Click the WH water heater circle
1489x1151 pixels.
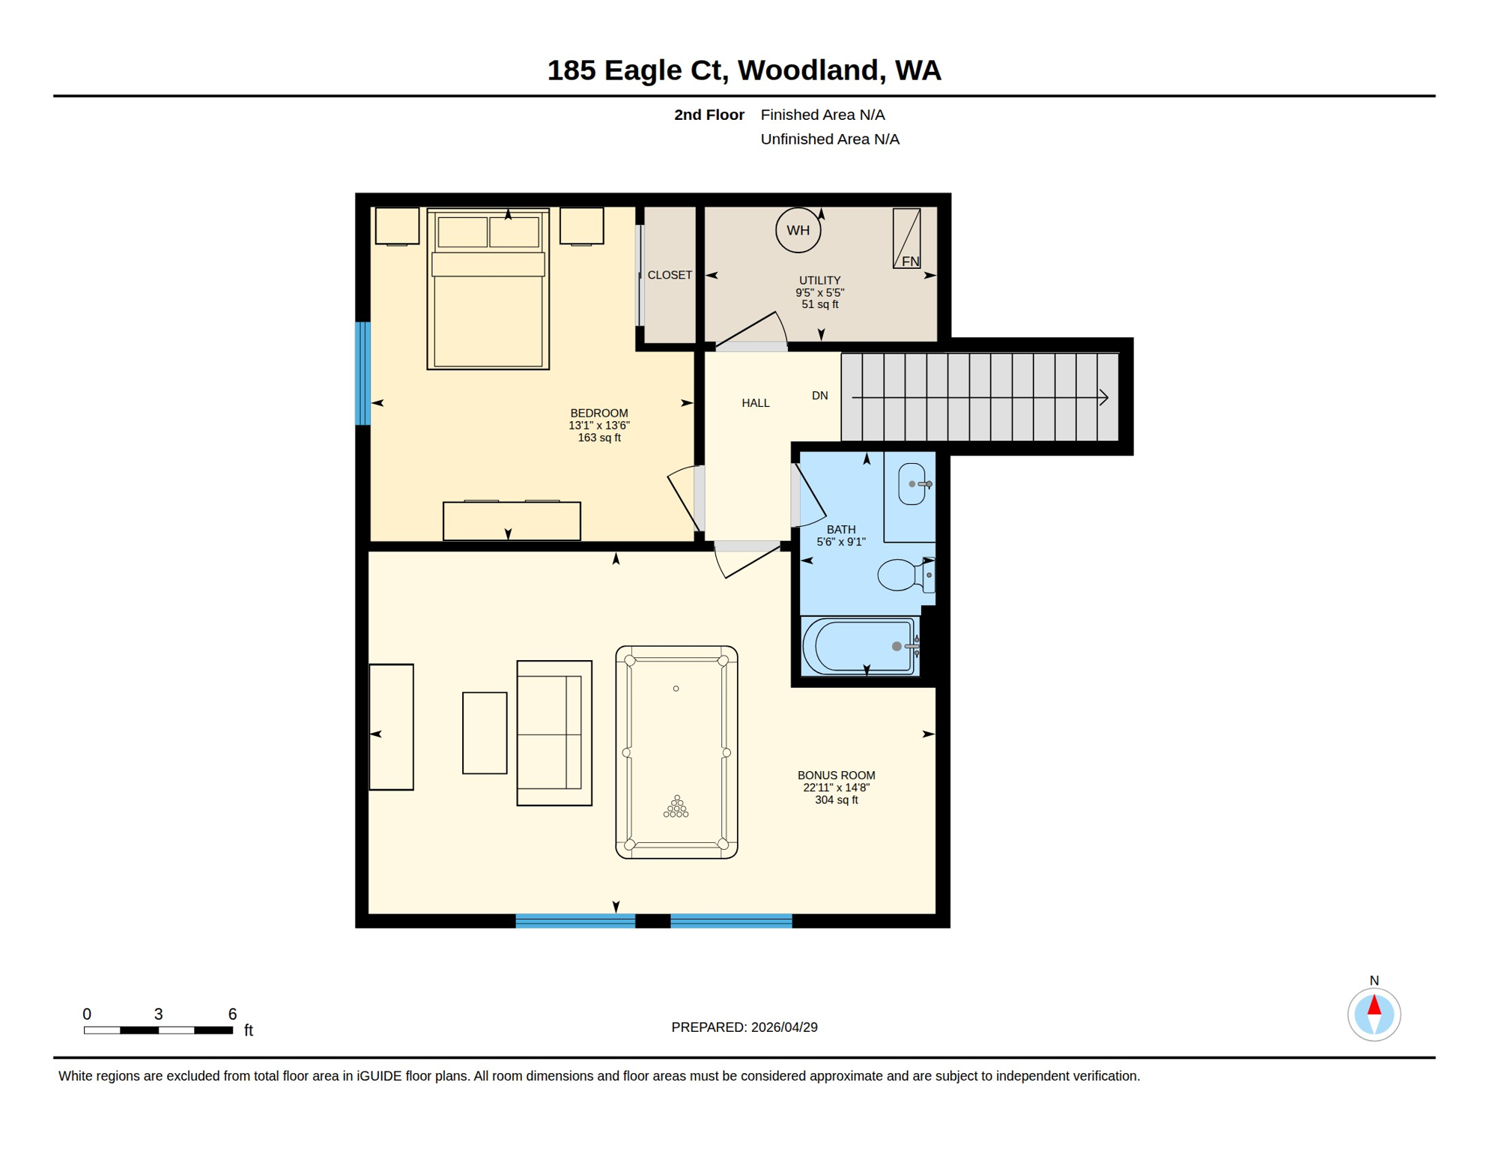pos(798,230)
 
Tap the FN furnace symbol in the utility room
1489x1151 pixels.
pos(906,238)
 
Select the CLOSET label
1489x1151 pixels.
pos(669,275)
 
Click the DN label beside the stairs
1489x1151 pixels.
pos(819,396)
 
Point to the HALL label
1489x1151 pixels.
pos(755,403)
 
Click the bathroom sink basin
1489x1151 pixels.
pos(912,484)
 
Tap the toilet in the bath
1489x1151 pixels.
pos(903,575)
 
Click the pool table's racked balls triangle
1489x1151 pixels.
pos(676,808)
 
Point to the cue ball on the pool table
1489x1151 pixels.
pos(676,689)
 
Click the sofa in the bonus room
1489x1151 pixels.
pos(554,733)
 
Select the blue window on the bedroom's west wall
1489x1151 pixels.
pos(363,373)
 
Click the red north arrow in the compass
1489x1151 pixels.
pos(1374,1006)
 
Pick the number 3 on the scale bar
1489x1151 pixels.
pos(158,1014)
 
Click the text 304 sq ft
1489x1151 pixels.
pos(836,800)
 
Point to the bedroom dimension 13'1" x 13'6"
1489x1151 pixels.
pos(598,426)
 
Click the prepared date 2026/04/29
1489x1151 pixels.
pos(783,1027)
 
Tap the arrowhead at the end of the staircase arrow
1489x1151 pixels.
pos(1103,397)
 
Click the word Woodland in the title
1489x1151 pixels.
pos(807,70)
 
